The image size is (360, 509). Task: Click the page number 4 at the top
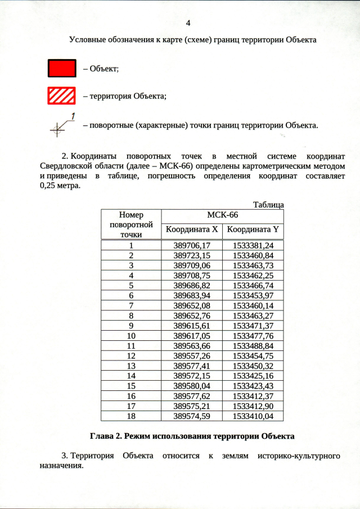(188, 23)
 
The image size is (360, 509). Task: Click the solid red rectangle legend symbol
(61, 68)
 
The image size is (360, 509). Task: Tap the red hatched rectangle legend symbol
(61, 96)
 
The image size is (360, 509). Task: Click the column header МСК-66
(222, 215)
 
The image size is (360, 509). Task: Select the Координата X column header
(191, 229)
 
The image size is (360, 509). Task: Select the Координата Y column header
(253, 229)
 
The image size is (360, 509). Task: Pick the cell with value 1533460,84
(253, 255)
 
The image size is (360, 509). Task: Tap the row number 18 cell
(131, 416)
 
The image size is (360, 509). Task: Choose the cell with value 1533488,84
(253, 345)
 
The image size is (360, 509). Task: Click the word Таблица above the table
(268, 205)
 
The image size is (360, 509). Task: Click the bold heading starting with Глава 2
(192, 436)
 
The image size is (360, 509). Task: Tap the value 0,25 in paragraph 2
(49, 186)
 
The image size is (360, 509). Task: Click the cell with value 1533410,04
(253, 416)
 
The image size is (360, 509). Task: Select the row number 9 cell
(131, 326)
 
